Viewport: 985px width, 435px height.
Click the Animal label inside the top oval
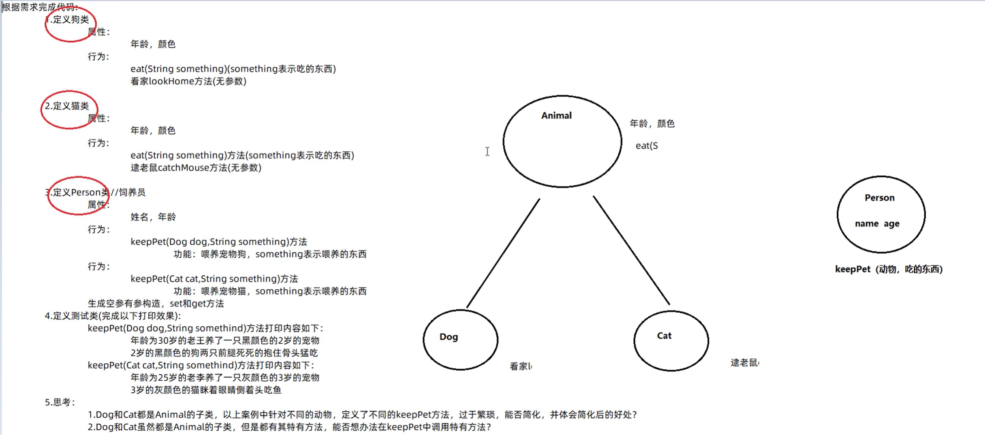[556, 116]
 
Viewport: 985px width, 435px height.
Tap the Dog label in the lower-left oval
[449, 337]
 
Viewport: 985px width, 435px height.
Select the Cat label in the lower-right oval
[664, 336]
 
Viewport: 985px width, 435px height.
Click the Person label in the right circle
[879, 198]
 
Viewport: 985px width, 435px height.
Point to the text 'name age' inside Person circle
[877, 224]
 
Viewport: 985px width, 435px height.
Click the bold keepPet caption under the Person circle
[889, 269]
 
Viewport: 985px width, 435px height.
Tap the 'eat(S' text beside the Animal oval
[647, 146]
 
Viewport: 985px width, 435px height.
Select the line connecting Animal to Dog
[503, 253]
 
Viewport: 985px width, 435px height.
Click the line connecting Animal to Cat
[631, 250]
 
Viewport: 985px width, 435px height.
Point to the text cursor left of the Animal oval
[487, 151]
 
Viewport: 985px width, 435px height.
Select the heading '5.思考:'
[60, 402]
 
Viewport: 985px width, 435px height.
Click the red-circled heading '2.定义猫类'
[67, 106]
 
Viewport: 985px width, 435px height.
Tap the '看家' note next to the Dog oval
[520, 366]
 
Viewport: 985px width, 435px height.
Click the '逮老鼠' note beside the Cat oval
[744, 363]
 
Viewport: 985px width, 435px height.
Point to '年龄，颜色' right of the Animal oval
[652, 124]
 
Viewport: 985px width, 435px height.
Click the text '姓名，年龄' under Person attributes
[153, 217]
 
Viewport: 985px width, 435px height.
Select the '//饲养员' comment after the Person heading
[128, 192]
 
